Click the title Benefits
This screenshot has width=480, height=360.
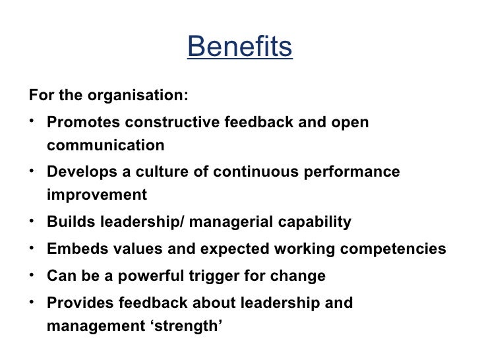point(239,47)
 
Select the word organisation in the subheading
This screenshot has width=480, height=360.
point(136,95)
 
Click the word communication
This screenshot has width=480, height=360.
point(105,144)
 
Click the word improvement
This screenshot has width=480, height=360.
point(97,195)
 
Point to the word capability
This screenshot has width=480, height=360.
point(313,223)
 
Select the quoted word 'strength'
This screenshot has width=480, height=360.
point(189,324)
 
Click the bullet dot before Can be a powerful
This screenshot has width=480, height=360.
point(32,274)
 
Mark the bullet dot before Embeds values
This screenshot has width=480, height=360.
point(32,247)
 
